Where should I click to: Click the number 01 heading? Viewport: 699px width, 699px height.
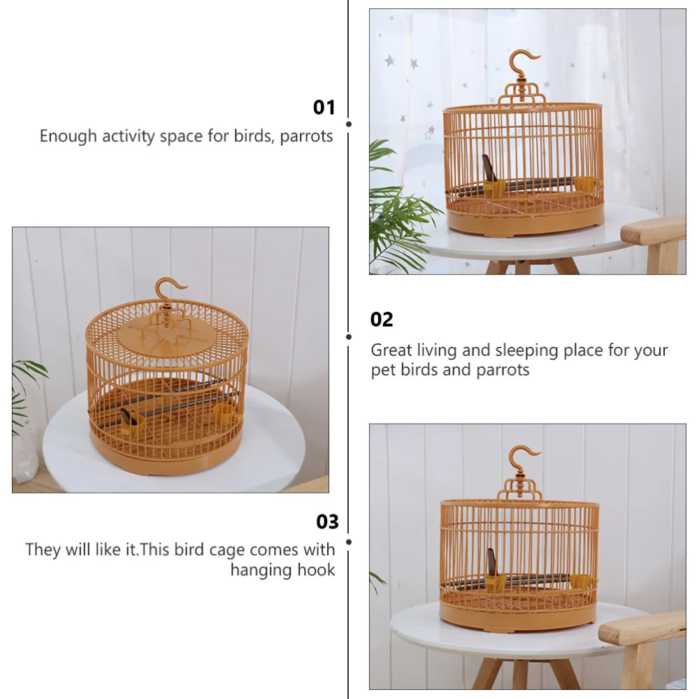point(324,108)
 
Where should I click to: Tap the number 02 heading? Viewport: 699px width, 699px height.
point(382,320)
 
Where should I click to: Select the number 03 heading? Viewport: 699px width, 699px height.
point(327,522)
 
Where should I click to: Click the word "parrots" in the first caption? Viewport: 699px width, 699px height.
point(306,136)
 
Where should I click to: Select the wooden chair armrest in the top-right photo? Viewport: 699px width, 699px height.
point(653,231)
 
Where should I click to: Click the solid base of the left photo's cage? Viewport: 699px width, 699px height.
point(168,458)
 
